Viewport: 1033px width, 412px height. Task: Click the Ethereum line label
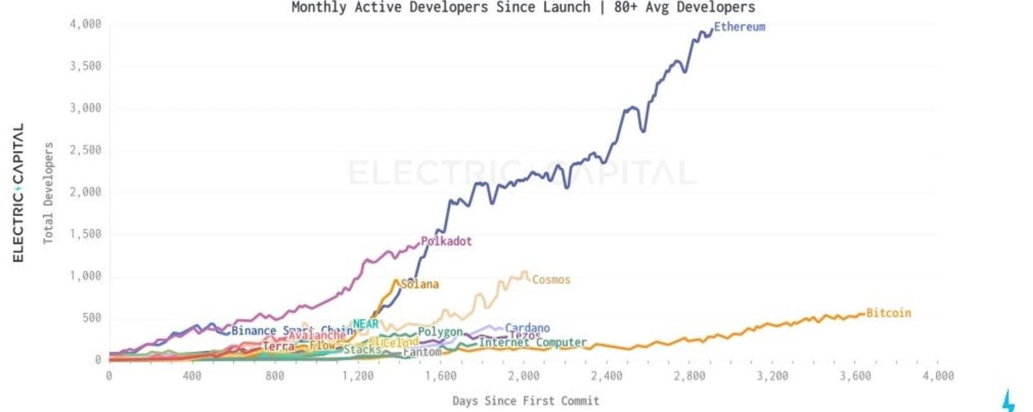[739, 27]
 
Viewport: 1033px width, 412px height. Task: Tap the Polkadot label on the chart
[446, 242]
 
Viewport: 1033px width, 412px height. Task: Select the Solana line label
[420, 284]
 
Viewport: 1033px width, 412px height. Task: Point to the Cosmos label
[551, 280]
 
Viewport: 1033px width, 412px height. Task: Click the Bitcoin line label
[888, 313]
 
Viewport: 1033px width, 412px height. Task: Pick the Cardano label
[527, 328]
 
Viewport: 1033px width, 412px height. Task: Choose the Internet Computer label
[533, 343]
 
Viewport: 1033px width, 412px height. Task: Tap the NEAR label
[365, 324]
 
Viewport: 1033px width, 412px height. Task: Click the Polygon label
[440, 332]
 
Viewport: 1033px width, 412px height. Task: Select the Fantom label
[422, 352]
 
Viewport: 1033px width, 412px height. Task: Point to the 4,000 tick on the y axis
[85, 25]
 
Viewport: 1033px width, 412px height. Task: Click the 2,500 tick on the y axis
[85, 150]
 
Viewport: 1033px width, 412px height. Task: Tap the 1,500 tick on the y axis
[85, 234]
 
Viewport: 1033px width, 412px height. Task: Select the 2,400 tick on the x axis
[606, 376]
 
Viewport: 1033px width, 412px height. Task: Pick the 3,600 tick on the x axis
[855, 376]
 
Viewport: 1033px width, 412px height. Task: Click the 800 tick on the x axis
[274, 376]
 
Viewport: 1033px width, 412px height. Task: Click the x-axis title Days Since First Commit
[526, 401]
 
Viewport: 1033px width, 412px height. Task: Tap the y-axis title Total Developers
[48, 193]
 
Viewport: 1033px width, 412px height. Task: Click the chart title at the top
[523, 8]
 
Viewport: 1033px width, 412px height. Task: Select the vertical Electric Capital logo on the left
[18, 192]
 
